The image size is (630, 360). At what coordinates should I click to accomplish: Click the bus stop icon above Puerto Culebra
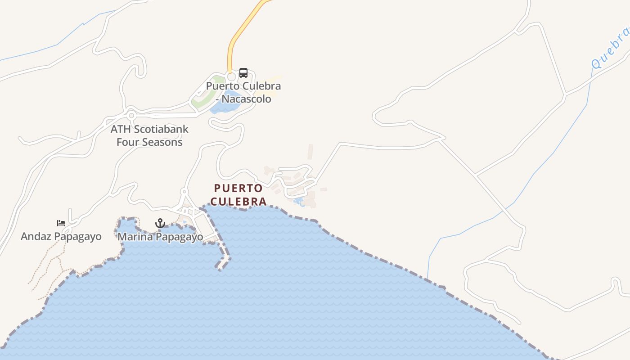[243, 72]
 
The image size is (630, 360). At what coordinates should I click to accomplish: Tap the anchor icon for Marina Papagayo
[160, 223]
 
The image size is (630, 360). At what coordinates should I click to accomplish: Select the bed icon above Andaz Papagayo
[61, 223]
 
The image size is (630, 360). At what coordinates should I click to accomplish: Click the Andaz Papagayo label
[61, 236]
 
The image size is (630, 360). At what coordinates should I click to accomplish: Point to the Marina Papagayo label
[160, 237]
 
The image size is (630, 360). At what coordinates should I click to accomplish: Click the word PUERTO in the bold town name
[238, 188]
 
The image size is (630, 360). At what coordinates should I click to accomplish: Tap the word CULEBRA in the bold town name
[238, 201]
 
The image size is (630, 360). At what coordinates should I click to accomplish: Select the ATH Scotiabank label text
[149, 129]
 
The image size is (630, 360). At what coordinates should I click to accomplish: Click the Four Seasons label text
[149, 142]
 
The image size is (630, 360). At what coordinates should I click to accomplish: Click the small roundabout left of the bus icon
[232, 77]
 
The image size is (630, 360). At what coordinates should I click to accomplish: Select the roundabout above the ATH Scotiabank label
[131, 116]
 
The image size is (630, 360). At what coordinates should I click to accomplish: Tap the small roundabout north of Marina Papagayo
[184, 192]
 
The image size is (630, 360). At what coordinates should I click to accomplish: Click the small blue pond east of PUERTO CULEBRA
[298, 201]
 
